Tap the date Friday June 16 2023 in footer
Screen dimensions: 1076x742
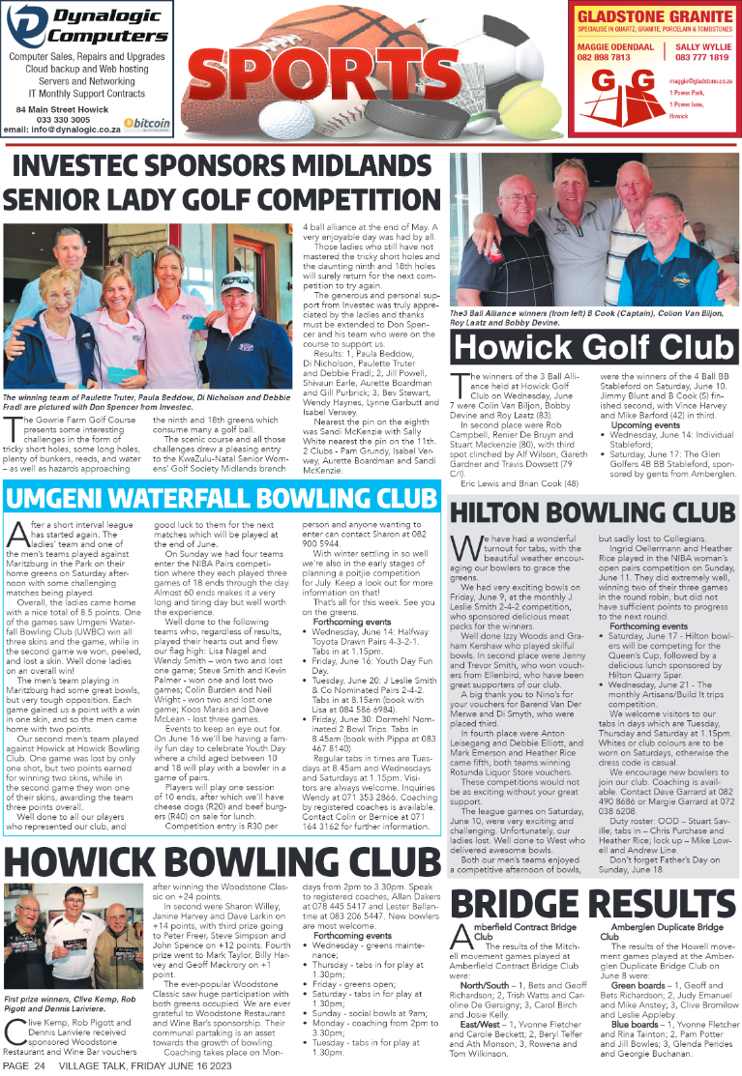(x=169, y=1066)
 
